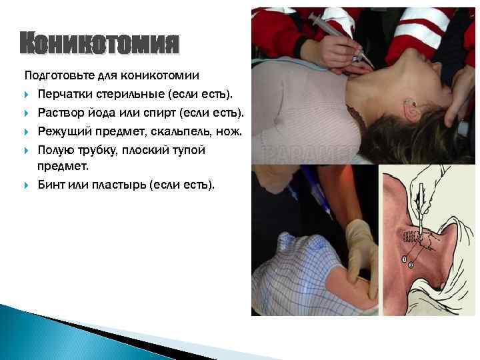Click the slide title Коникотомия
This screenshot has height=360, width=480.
(99, 44)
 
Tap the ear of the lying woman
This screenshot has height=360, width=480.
(412, 107)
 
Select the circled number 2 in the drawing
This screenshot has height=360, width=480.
(411, 265)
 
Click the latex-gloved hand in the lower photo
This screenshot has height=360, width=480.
(362, 253)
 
